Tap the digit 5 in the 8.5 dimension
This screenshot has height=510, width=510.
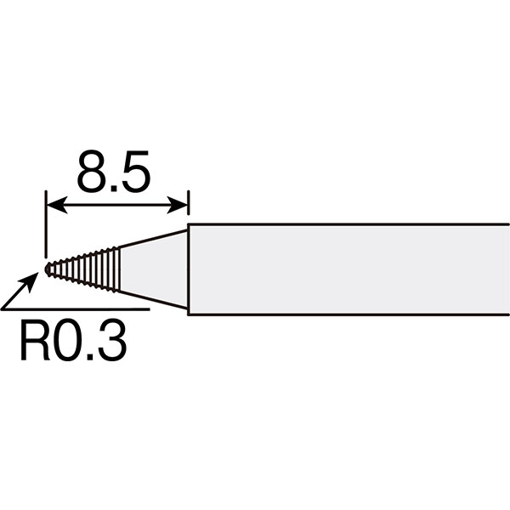click(136, 172)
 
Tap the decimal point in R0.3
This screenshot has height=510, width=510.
click(90, 358)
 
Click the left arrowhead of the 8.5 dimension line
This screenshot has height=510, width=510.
click(57, 205)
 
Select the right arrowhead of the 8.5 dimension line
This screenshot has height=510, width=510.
click(178, 205)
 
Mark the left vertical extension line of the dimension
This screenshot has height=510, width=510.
click(47, 224)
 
